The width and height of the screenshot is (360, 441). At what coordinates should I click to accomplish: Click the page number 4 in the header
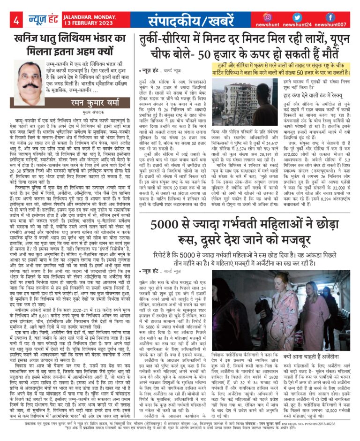click(16, 21)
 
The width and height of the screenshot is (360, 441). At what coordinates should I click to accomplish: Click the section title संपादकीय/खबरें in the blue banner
click(188, 21)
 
